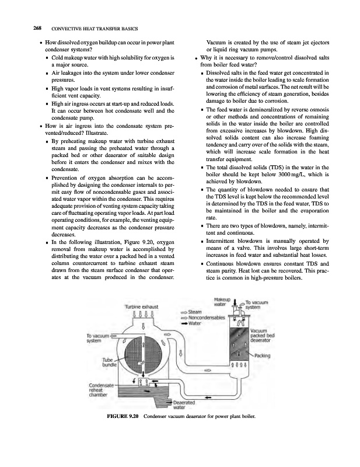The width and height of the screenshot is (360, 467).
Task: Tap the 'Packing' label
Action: (265, 355)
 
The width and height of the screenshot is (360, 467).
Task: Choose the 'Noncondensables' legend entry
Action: (206, 318)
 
